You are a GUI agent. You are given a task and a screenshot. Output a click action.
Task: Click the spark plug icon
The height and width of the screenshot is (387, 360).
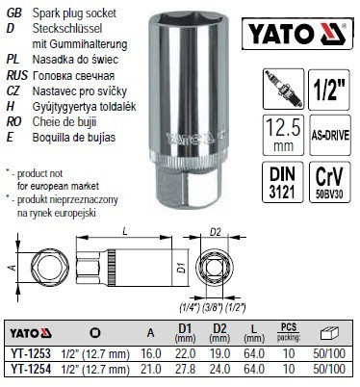283,89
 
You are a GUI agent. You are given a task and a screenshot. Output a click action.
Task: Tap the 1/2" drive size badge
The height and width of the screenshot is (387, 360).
329,90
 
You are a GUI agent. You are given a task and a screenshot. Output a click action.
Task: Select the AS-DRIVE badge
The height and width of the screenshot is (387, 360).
330,135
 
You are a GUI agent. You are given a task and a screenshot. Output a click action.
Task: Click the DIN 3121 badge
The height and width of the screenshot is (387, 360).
283,182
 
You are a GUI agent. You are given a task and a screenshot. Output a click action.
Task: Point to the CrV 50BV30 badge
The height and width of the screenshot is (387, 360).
330,182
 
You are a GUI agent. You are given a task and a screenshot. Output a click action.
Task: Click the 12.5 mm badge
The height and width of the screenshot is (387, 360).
283,135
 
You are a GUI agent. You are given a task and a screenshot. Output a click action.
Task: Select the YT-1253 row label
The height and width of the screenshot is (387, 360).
31,353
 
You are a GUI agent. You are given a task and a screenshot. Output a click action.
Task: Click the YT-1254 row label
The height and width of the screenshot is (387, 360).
31,369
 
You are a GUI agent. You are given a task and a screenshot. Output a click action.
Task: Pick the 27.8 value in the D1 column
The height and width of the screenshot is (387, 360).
185,369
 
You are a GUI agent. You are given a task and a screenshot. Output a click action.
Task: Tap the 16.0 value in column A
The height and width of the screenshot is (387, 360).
151,353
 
